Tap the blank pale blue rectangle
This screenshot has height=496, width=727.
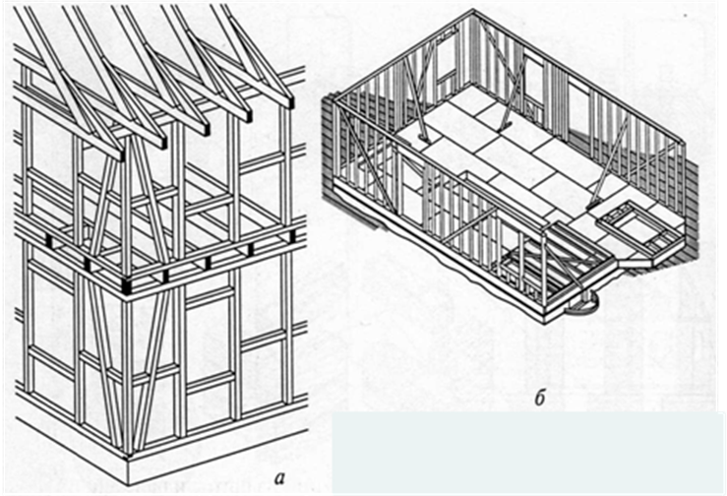[531, 453]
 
